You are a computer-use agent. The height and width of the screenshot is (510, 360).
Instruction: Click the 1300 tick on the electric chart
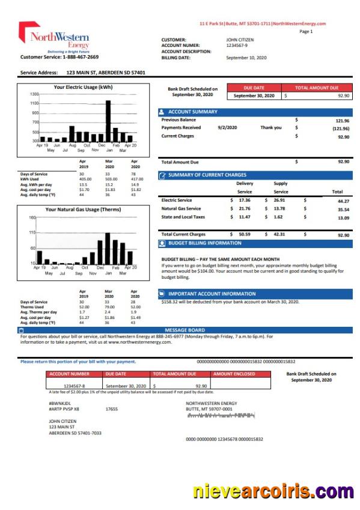point(34,94)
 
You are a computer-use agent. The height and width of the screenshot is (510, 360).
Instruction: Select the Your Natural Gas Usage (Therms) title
point(83,210)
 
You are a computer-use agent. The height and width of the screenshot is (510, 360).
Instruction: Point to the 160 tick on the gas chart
point(32,217)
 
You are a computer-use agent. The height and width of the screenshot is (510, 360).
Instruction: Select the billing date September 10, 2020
point(246,58)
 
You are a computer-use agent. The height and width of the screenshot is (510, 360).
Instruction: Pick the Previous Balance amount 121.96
point(342,120)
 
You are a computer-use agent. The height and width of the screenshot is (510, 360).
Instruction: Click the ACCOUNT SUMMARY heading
point(192,112)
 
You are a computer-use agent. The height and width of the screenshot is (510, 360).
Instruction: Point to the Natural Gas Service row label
point(181,208)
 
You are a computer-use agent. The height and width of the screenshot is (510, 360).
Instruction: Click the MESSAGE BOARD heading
point(185,330)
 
